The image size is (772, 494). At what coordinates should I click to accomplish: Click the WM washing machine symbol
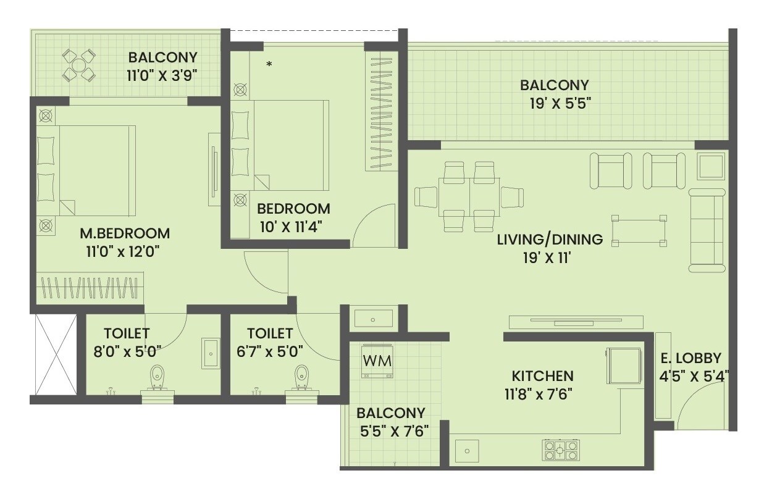(x=377, y=360)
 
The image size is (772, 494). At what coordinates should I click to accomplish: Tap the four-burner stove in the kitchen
(x=560, y=450)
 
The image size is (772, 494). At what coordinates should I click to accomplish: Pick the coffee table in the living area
(x=639, y=230)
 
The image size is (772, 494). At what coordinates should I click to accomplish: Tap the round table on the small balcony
(x=79, y=65)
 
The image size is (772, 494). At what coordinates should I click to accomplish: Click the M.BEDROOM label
(x=125, y=233)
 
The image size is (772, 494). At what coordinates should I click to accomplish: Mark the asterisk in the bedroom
(x=269, y=64)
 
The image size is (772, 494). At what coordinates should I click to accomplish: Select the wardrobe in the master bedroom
(x=90, y=288)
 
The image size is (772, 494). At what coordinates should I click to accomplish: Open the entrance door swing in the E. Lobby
(x=698, y=408)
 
